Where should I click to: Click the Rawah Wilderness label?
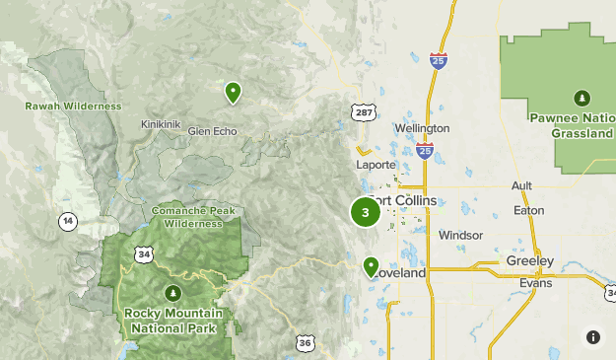click(74, 106)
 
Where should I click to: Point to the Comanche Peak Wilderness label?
click(193, 216)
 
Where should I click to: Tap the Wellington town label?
click(422, 128)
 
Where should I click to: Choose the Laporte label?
click(376, 165)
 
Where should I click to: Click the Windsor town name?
click(461, 236)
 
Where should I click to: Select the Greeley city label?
click(529, 261)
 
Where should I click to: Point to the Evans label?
click(535, 282)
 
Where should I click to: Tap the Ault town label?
click(521, 185)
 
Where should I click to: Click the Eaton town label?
click(527, 210)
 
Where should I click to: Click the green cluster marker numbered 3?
click(366, 212)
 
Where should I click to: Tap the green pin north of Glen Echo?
click(233, 93)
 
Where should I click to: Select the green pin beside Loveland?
click(371, 266)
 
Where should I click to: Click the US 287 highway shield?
click(365, 112)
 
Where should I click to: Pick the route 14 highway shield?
click(67, 220)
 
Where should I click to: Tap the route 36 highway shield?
click(305, 343)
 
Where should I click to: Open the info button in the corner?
click(593, 337)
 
